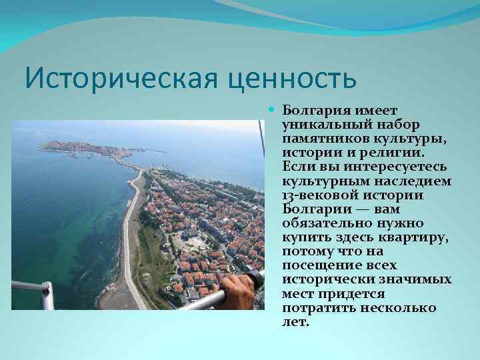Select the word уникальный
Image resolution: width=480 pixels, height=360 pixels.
click(320, 123)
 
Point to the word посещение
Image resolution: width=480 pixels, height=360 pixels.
click(316, 266)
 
